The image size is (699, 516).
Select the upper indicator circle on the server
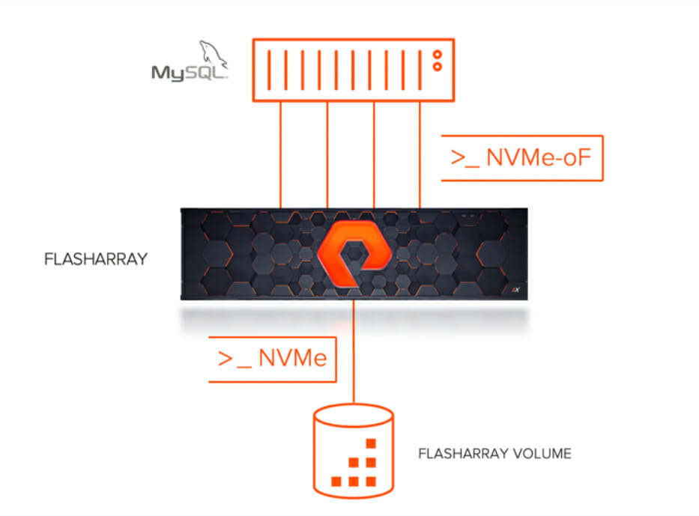438,55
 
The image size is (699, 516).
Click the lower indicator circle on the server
438,67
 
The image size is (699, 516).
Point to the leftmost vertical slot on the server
269,70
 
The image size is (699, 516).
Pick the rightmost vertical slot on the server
420,70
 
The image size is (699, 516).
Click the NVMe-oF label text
539,157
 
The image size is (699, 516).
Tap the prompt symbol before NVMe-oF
465,159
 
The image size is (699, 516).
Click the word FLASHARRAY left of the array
96,259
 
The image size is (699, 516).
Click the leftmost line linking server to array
280,154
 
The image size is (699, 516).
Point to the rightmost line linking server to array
420,154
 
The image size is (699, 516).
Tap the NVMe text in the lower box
293,358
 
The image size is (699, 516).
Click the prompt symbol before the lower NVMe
235,359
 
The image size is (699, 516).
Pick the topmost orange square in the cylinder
371,443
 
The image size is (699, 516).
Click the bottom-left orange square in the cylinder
336,482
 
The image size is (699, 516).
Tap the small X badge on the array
515,290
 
